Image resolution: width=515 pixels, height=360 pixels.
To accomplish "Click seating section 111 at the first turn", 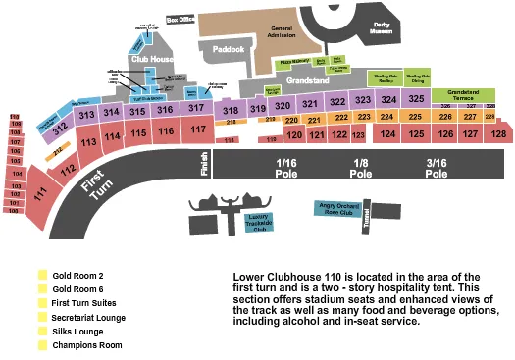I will (x=41, y=194).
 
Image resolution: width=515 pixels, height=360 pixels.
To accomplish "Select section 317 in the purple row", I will (x=196, y=108).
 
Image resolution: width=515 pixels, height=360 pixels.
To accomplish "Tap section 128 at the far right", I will (x=498, y=133).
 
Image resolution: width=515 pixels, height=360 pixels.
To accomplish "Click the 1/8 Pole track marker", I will (x=362, y=167).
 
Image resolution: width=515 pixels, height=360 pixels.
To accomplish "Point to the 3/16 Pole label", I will (x=437, y=167).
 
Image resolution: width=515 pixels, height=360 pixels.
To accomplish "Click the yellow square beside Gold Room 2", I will (x=42, y=276).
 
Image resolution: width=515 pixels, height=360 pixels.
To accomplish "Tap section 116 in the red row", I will (x=165, y=130).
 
